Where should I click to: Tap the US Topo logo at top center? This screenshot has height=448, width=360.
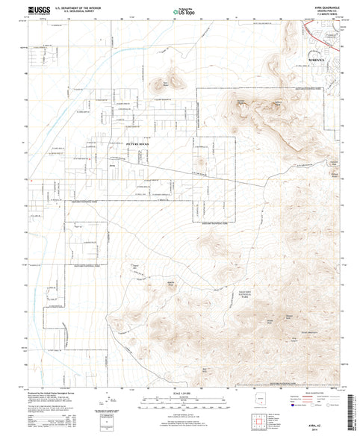click(180, 11)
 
